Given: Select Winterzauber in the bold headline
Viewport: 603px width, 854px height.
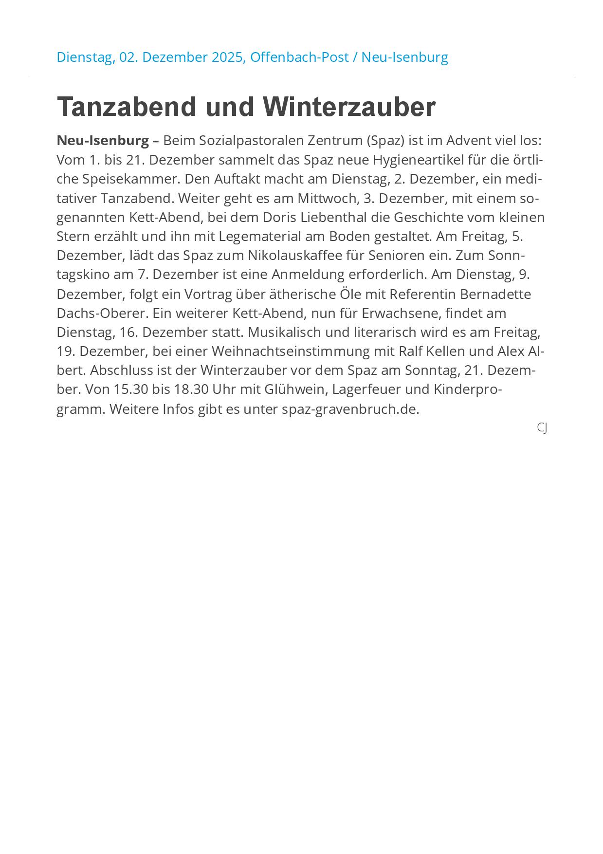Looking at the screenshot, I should click(x=349, y=107).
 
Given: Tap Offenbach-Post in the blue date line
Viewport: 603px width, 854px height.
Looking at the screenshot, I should click(x=299, y=57).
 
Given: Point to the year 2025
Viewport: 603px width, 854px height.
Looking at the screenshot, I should click(x=228, y=57).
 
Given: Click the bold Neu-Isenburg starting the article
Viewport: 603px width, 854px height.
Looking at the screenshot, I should click(x=103, y=141).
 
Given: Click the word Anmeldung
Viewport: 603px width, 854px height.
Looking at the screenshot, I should click(x=308, y=275).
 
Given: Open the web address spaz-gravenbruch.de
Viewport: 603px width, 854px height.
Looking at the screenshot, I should click(x=350, y=409).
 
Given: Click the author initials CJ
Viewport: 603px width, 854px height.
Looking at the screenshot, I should click(x=542, y=427).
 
